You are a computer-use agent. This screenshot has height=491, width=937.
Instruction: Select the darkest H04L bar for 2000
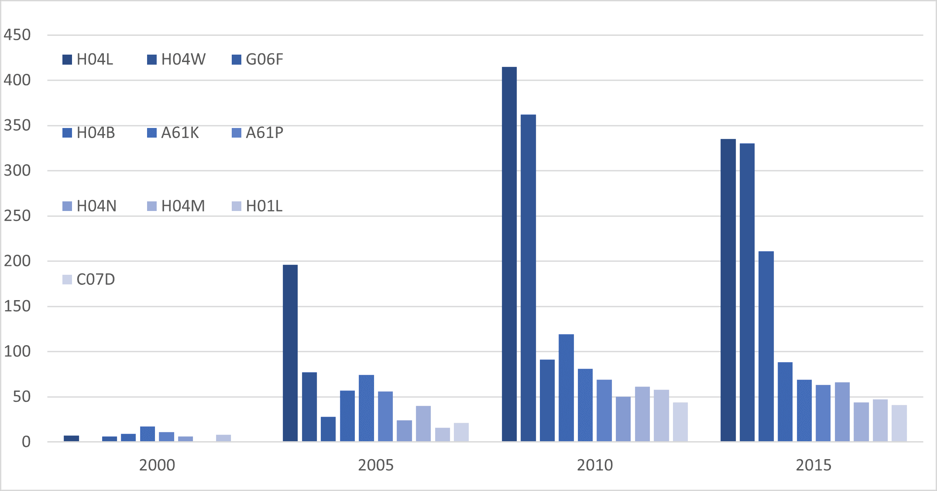pos(72,438)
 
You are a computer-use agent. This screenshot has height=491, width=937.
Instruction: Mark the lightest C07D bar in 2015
pos(899,423)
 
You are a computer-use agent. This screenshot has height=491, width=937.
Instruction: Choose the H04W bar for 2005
pos(309,407)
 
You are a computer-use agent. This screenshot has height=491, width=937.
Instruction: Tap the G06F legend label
pos(264,59)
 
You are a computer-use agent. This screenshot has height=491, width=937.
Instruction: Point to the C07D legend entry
pos(96,280)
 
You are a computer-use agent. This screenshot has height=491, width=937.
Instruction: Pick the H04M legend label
pos(183,206)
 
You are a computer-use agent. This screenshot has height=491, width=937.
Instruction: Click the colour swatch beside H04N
pos(67,206)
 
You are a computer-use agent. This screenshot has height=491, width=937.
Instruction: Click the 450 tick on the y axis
pos(17,35)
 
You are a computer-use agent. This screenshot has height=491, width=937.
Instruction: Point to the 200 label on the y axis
pos(17,261)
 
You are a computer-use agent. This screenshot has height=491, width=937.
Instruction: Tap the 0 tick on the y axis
pos(26,442)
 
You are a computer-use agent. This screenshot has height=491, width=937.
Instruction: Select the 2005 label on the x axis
pos(376,465)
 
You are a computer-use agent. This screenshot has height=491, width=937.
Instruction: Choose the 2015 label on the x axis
pos(813,465)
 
